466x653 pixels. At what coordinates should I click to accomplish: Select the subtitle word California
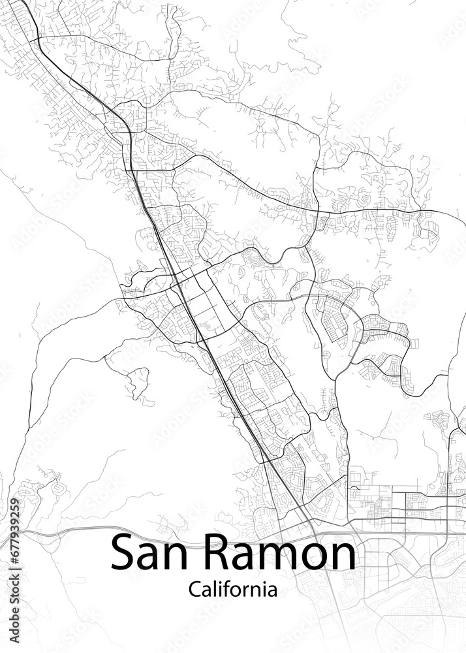(x=232, y=590)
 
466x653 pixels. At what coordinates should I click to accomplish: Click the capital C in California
(x=194, y=590)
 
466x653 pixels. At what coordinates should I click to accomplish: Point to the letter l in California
(x=211, y=588)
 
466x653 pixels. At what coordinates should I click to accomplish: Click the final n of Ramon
(x=343, y=556)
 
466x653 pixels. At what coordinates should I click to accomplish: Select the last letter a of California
(x=271, y=591)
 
